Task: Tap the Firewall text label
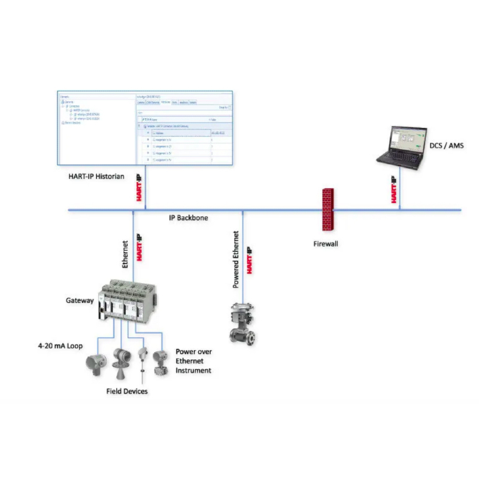click(x=326, y=244)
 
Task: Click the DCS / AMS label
click(x=447, y=145)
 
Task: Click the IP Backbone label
click(x=188, y=218)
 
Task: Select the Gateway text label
click(x=80, y=301)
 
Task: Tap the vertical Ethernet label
click(x=126, y=254)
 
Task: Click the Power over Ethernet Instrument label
click(x=193, y=361)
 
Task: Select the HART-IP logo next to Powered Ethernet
click(x=250, y=259)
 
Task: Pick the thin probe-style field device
click(x=143, y=362)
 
